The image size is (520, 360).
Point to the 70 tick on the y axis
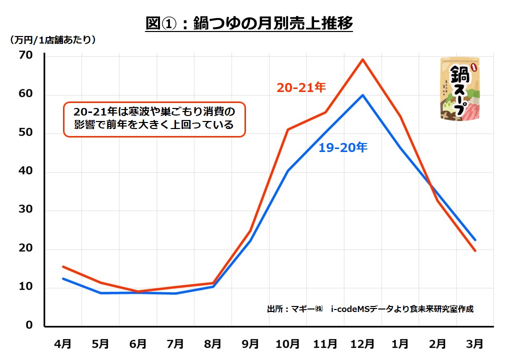[26, 55]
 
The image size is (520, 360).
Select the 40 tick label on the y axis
[26, 171]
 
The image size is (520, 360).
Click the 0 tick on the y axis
[29, 325]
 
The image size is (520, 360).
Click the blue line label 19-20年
[343, 147]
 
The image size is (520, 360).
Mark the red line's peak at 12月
[362, 59]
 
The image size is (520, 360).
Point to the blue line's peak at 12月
[362, 95]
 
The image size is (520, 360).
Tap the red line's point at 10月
[287, 129]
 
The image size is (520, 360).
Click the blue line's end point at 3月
[475, 240]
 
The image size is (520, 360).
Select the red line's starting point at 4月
[63, 266]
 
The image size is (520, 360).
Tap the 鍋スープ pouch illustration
[459, 89]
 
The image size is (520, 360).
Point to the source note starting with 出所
[370, 309]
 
